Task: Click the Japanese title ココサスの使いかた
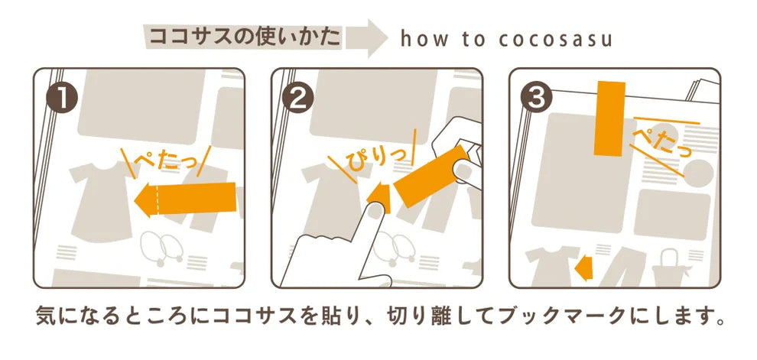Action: (x=244, y=37)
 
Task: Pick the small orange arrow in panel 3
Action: (x=583, y=268)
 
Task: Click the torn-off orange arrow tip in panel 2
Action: (x=378, y=197)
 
